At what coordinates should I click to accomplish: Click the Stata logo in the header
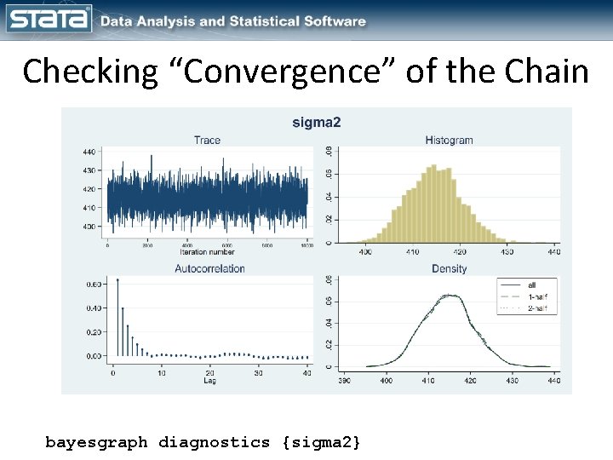pyautogui.click(x=48, y=19)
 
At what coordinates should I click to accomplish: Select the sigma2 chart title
pyautogui.click(x=316, y=123)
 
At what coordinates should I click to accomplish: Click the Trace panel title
pyautogui.click(x=207, y=141)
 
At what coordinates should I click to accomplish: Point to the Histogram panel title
pyautogui.click(x=449, y=141)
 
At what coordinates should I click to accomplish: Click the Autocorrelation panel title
pyautogui.click(x=209, y=268)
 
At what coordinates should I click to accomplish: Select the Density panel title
pyautogui.click(x=449, y=268)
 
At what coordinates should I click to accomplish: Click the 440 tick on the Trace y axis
pyautogui.click(x=89, y=152)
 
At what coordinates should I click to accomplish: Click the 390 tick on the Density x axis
pyautogui.click(x=344, y=380)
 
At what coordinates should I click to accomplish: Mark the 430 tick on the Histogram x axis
pyautogui.click(x=507, y=252)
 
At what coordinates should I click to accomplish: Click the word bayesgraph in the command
pyautogui.click(x=96, y=442)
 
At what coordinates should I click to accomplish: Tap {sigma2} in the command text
pyautogui.click(x=320, y=442)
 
